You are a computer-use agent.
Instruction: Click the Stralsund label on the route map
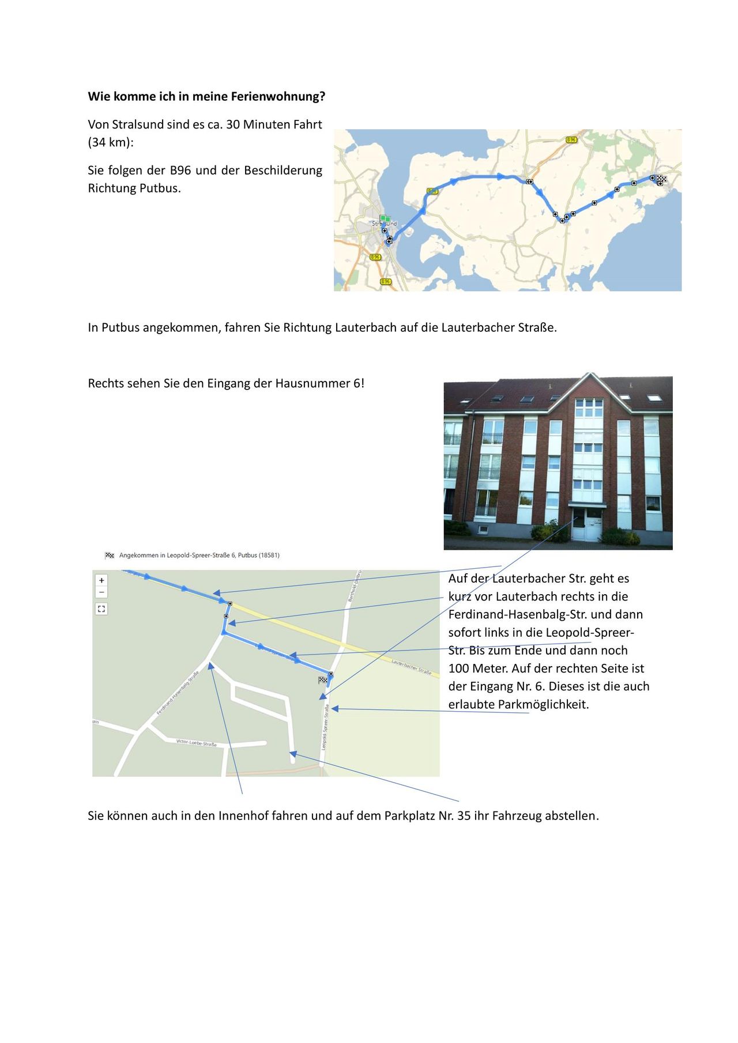tap(385, 224)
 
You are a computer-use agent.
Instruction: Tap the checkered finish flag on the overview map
tap(661, 179)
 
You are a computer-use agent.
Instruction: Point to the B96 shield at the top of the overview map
tap(571, 140)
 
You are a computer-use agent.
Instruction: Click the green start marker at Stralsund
tap(385, 218)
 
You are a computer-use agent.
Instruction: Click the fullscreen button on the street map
tap(101, 609)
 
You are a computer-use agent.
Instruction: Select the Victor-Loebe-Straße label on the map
tap(196, 743)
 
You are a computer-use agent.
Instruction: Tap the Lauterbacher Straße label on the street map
tap(412, 667)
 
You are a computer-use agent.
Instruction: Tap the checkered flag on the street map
tap(323, 681)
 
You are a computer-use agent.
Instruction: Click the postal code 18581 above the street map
tap(268, 555)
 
